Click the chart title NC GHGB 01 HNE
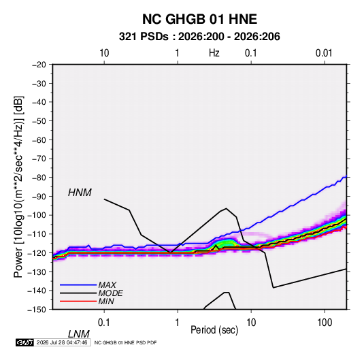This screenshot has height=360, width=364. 199,19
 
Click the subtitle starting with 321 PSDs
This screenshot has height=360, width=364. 199,37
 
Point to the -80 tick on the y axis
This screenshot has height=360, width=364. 38,178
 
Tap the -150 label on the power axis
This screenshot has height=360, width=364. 37,310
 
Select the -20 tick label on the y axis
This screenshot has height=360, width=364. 38,65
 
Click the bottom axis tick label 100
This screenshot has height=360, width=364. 325,323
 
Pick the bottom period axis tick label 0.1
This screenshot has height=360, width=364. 104,323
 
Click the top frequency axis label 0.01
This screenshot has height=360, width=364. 324,53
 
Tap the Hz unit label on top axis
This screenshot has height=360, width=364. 214,53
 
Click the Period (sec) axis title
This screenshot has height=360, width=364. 214,330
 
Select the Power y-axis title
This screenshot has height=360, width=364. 18,186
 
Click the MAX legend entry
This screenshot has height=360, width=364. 107,285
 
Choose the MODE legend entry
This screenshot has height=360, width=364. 110,293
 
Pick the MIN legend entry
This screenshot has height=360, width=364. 106,301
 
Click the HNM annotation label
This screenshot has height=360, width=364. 80,193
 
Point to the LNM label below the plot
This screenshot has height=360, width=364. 79,334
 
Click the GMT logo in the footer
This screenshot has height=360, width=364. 25,342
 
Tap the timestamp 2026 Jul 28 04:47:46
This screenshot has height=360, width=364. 62,342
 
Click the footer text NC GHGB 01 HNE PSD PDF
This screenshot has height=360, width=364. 126,342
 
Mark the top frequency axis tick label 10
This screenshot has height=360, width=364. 104,53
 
